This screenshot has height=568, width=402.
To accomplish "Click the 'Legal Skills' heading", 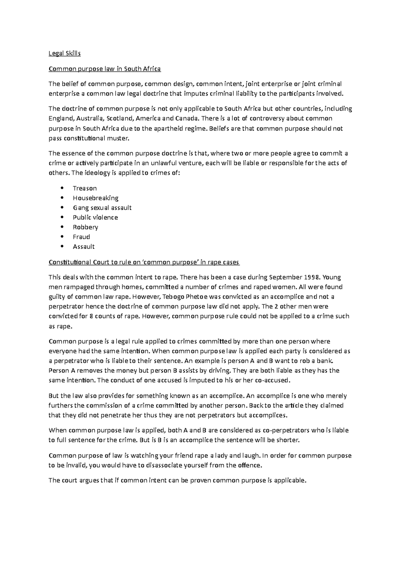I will coord(65,54).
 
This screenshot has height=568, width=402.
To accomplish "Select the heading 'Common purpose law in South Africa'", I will coord(105,69).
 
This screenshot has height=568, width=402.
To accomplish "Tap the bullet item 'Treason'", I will coord(85,188).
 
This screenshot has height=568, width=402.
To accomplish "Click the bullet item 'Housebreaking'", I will coord(95,198).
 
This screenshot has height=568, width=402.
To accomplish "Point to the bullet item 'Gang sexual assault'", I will coord(102,208).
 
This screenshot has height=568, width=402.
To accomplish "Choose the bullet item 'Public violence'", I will coord(95,217).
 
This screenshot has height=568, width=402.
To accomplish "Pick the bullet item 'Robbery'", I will coord(85,227).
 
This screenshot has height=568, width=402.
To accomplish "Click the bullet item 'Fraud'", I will coord(81,237).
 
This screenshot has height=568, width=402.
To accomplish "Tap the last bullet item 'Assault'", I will coord(84,247).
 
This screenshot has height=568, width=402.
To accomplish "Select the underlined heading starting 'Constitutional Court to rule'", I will coord(144,262).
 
